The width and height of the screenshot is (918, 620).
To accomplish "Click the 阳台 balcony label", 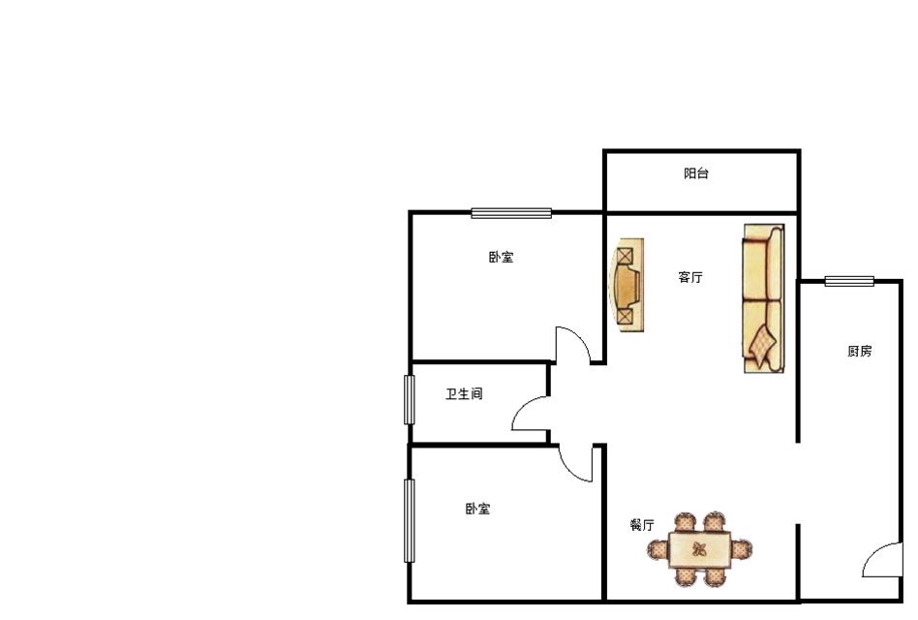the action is coord(696,173).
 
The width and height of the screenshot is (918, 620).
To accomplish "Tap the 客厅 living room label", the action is coord(690,277).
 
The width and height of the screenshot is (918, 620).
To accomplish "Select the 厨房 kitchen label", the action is coord(860,351).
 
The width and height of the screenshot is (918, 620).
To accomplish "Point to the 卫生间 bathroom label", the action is coord(464,394).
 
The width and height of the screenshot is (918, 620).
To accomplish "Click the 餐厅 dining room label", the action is coord(642,525).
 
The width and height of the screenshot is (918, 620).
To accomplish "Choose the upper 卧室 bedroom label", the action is coord(502,257).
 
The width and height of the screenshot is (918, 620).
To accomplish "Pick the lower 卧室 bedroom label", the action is coord(477,509).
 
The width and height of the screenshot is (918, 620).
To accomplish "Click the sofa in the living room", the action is coord(764,298).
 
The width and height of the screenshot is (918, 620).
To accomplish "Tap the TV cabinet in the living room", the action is coord(627,285).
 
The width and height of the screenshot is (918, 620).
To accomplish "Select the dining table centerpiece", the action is coord(699,549).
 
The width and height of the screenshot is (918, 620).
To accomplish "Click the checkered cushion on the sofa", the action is coord(762,346).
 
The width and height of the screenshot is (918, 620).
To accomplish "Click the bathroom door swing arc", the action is coord(525,409).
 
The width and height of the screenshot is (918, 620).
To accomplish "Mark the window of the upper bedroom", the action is coord(511,213).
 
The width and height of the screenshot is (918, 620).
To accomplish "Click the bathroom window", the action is coord(410,400).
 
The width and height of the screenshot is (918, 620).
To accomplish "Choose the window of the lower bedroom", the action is coord(410,521).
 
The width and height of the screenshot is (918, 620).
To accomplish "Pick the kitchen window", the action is coord(849,282).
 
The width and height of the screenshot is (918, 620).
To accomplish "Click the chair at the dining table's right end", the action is coord(742,549).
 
